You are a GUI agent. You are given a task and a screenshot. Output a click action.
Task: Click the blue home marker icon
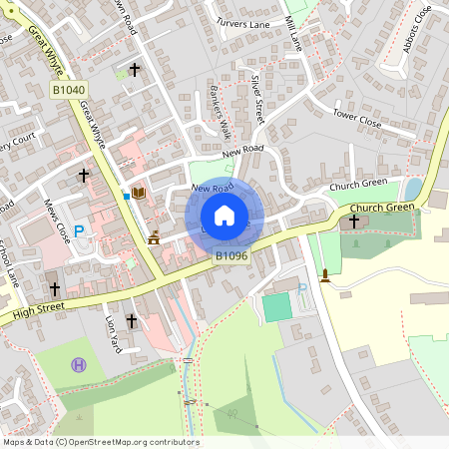click(224, 215)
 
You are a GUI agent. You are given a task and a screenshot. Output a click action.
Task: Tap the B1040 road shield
click(69, 90)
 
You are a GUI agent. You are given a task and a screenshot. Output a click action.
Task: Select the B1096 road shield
click(231, 255)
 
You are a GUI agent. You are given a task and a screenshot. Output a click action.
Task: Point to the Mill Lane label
click(292, 33)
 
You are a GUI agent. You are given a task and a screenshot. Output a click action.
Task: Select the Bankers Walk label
click(224, 116)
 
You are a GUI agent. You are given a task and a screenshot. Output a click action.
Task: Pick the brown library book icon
click(139, 192)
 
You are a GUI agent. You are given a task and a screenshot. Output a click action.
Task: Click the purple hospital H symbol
click(79, 365)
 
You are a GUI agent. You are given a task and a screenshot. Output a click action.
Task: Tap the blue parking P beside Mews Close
click(80, 231)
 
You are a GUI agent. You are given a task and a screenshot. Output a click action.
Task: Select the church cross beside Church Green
click(354, 220)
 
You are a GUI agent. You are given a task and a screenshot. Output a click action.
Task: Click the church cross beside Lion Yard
click(132, 321)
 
